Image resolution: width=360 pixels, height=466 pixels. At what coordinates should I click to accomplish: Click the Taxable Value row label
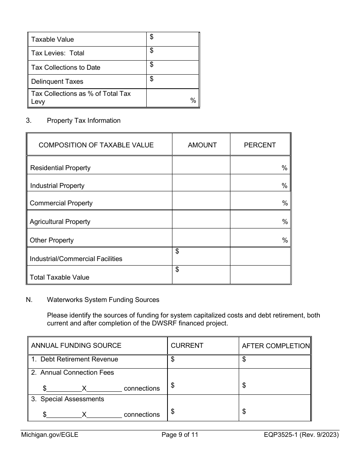pyautogui.click(x=52, y=39)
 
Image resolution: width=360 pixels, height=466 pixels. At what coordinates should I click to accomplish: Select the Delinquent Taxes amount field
pyautogui.click(x=172, y=81)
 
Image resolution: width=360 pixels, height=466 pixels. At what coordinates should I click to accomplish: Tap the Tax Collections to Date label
pyautogui.click(x=66, y=67)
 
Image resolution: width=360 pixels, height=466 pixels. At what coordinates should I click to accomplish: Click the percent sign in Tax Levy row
pyautogui.click(x=193, y=100)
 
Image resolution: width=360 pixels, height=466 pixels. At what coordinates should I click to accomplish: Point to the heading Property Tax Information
pyautogui.click(x=83, y=120)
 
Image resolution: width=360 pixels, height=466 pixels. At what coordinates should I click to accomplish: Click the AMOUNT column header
pyautogui.click(x=202, y=145)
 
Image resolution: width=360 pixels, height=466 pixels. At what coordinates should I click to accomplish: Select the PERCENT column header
pyautogui.click(x=260, y=145)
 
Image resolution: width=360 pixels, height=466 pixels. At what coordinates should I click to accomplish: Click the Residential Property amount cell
pyautogui.click(x=201, y=166)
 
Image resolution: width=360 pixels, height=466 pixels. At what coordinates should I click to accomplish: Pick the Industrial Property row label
pyautogui.click(x=57, y=186)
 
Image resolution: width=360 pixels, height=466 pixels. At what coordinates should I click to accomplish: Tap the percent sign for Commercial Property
pyautogui.click(x=285, y=203)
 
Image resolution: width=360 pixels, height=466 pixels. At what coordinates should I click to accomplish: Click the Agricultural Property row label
pyautogui.click(x=60, y=222)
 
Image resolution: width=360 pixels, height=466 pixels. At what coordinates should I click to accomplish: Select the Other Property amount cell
pyautogui.click(x=201, y=238)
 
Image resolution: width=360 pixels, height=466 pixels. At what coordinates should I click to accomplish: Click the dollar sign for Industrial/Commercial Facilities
pyautogui.click(x=177, y=251)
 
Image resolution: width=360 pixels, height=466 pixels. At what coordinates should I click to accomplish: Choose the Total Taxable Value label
pyautogui.click(x=59, y=277)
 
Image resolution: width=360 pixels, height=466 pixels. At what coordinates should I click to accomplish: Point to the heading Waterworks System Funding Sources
pyautogui.click(x=103, y=300)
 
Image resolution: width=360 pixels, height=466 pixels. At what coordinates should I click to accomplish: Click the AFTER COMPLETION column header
pyautogui.click(x=275, y=346)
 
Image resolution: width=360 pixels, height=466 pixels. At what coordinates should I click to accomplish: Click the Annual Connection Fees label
pyautogui.click(x=77, y=372)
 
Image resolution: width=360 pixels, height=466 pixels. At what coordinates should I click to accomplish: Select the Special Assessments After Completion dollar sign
pyautogui.click(x=244, y=411)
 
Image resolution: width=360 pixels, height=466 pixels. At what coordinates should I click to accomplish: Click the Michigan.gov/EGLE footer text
pyautogui.click(x=50, y=435)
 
